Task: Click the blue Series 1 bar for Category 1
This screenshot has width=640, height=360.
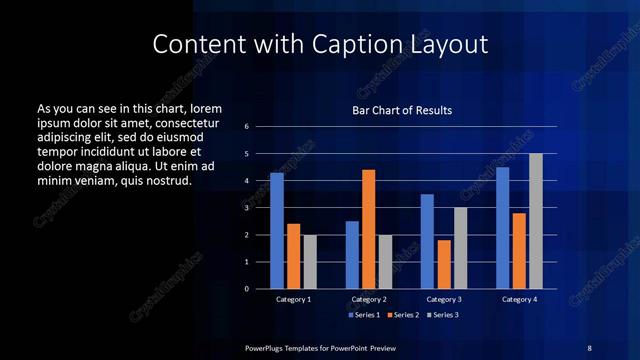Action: [277, 231]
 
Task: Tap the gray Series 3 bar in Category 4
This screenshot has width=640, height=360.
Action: [535, 221]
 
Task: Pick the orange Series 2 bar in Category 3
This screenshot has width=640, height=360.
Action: [444, 264]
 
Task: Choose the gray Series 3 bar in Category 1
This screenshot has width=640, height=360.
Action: [310, 262]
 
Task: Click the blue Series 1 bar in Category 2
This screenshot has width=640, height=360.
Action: [352, 255]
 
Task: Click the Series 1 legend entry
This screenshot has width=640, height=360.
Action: [364, 315]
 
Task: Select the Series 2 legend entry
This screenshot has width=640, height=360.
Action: [403, 315]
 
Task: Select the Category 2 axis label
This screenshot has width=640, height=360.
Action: [369, 299]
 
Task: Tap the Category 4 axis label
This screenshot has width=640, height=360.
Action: [519, 299]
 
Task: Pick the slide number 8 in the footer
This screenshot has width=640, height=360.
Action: [589, 347]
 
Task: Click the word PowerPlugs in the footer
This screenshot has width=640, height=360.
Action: [264, 347]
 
